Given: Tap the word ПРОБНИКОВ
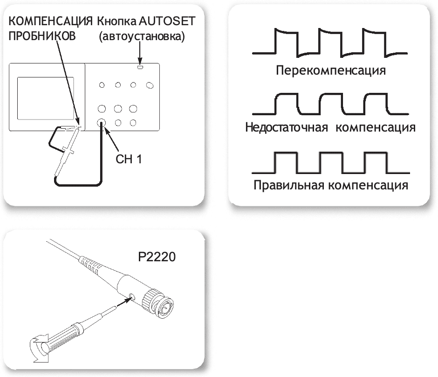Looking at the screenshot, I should [42, 37].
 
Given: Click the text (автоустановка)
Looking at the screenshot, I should [142, 37].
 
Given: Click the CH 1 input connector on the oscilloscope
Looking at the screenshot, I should [102, 123].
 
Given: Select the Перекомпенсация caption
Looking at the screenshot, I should [330, 71].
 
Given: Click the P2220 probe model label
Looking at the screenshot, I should [157, 257].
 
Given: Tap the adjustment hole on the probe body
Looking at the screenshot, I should [134, 296].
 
